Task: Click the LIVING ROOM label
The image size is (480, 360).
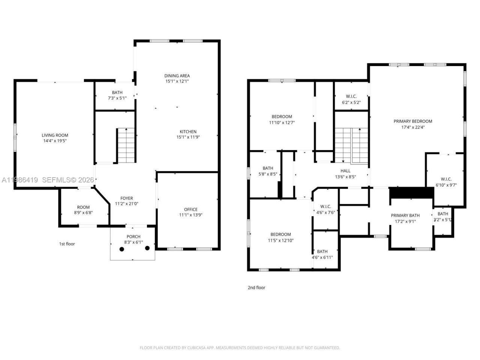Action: [x=55, y=135]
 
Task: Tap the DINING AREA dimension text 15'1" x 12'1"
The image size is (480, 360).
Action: [x=177, y=81]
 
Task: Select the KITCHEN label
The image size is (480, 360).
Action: [x=188, y=132]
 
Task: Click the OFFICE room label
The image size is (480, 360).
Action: [x=190, y=209]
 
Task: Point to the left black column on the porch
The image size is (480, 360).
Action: [x=121, y=249]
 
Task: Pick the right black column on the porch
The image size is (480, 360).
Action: [x=147, y=248]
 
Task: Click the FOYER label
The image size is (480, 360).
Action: [x=126, y=198]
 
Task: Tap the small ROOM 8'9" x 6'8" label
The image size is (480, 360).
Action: [x=83, y=207]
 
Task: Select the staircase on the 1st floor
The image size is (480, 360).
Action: [x=126, y=145]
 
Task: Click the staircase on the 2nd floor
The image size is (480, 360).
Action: [x=351, y=146]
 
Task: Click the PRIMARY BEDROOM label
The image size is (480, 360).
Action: [x=412, y=121]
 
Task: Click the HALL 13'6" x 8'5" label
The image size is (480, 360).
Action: [x=345, y=171]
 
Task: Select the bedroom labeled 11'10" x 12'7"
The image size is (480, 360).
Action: [x=282, y=117]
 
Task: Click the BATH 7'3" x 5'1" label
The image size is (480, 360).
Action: [x=117, y=93]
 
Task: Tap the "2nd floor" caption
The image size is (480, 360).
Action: [x=256, y=288]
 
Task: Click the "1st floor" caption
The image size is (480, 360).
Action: [x=67, y=244]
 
